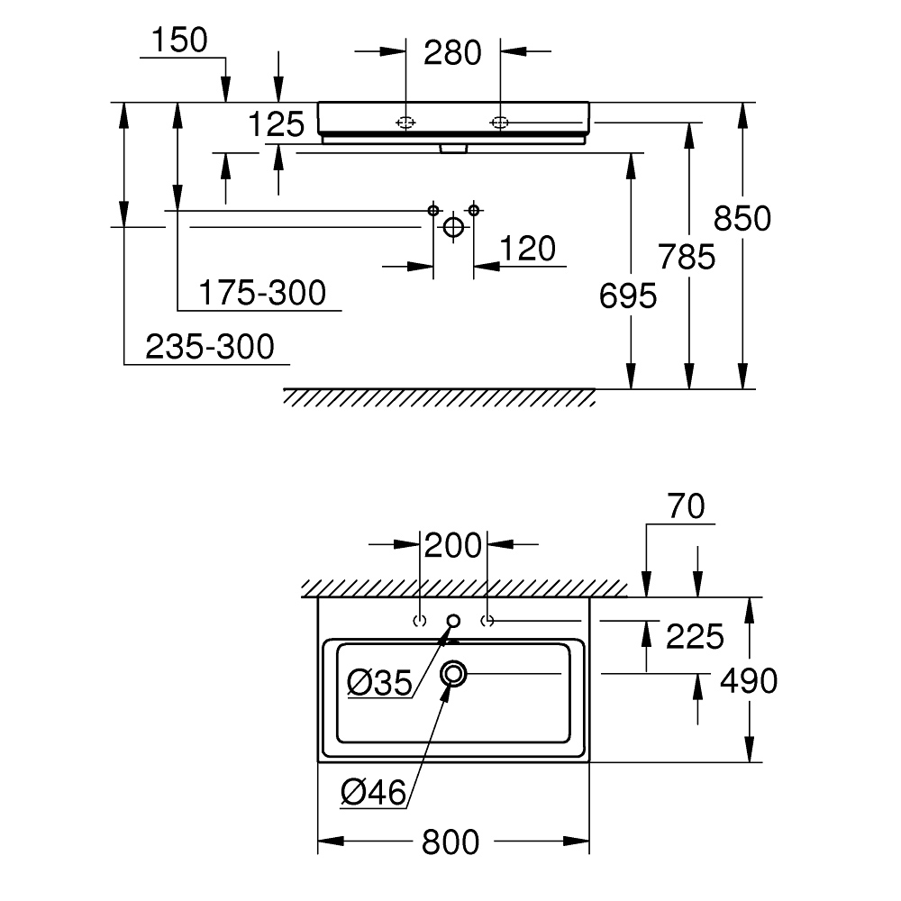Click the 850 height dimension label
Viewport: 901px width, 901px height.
point(742,219)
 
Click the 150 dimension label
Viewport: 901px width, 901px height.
point(178,40)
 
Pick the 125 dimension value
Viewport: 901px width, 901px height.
point(277,124)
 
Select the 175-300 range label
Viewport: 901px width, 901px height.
point(261,293)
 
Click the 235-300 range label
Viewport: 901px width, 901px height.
point(209,346)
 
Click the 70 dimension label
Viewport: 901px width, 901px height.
point(687,507)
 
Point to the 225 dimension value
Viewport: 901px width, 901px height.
point(695,637)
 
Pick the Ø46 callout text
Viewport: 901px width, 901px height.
point(374,792)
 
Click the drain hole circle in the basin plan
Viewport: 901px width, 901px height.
point(453,673)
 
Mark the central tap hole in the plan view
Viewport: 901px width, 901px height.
point(453,620)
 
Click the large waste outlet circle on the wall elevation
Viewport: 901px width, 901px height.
point(453,227)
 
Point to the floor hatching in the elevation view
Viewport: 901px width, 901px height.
point(439,397)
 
